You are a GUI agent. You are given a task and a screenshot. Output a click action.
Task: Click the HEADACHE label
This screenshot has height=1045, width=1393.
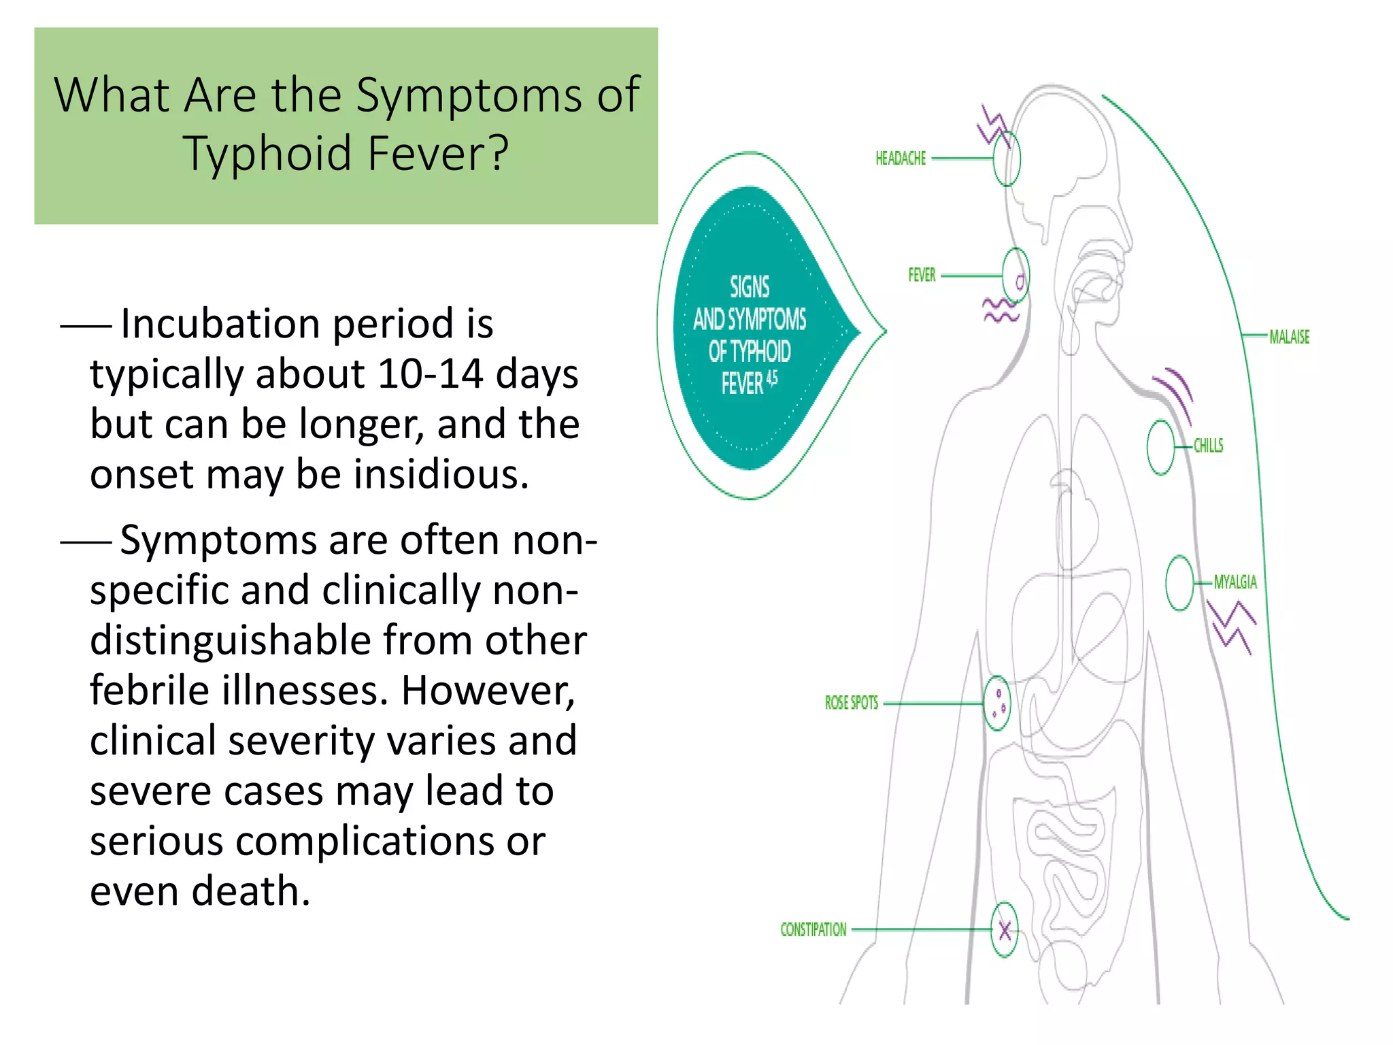[900, 159]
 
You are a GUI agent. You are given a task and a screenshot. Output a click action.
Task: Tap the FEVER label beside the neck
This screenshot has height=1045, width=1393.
[922, 275]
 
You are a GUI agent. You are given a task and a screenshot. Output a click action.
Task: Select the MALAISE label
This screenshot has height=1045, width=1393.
[1289, 337]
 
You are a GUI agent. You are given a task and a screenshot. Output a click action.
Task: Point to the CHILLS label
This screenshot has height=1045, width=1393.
[1208, 446]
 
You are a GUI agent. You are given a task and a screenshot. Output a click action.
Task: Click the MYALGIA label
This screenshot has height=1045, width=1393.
[1235, 582]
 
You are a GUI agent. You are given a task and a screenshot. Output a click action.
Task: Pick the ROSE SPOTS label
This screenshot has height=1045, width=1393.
[851, 703]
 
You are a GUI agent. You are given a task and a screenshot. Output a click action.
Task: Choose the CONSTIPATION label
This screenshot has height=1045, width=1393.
[813, 929]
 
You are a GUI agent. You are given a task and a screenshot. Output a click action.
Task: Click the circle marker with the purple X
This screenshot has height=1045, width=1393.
[1005, 929]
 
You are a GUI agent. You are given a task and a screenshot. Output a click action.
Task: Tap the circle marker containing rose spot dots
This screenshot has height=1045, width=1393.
[998, 703]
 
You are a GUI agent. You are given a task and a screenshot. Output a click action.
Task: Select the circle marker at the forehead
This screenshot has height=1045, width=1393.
[1007, 159]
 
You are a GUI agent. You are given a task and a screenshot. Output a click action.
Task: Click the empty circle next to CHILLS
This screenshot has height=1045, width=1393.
[1160, 447]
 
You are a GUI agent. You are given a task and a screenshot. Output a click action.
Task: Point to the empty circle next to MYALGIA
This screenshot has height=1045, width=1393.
[1179, 583]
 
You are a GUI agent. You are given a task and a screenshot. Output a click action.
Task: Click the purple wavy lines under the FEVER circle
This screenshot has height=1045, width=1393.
[1001, 311]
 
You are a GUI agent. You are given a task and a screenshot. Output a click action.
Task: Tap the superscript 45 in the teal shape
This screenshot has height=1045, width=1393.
[772, 378]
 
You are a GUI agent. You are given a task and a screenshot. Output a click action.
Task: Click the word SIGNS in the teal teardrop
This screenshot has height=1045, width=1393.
[749, 287]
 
